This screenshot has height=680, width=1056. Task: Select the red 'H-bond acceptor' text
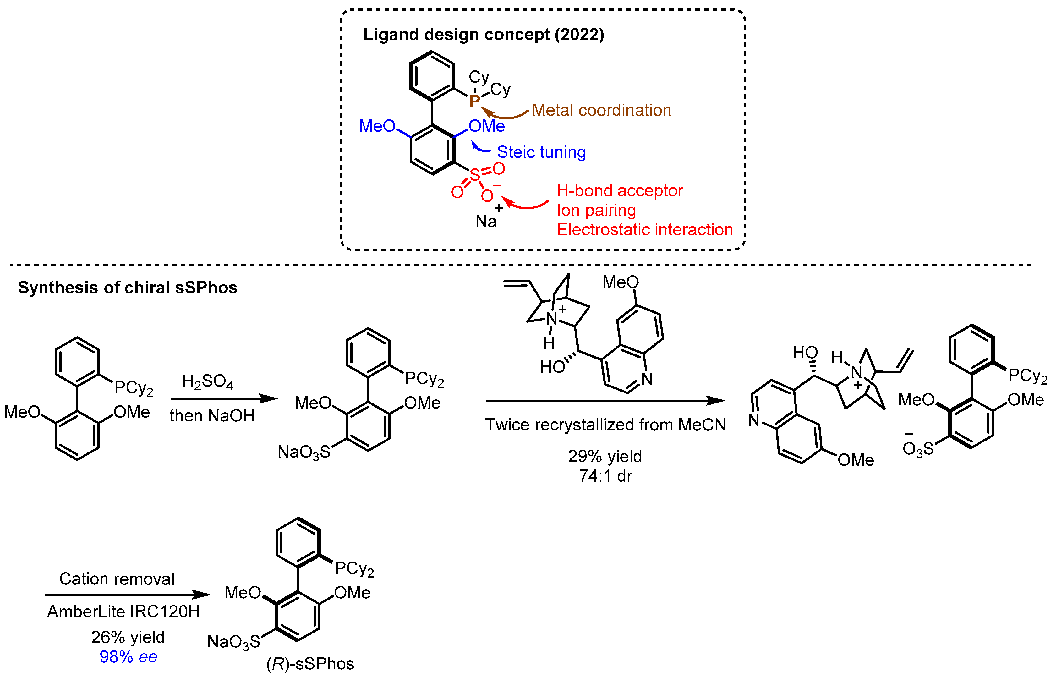tap(619, 190)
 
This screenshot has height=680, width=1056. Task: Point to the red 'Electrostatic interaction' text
tap(644, 230)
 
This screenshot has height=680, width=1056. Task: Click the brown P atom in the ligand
tap(474, 101)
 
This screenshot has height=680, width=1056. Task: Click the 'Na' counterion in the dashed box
tap(486, 221)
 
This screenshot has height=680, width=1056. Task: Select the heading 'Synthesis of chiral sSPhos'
tap(128, 288)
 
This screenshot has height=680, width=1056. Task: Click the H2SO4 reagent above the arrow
tap(207, 381)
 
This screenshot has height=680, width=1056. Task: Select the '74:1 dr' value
tap(605, 475)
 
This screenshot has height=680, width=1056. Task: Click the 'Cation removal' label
tap(117, 579)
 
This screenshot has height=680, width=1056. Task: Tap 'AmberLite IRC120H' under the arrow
tap(123, 611)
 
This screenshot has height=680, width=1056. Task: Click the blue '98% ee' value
tap(128, 657)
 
